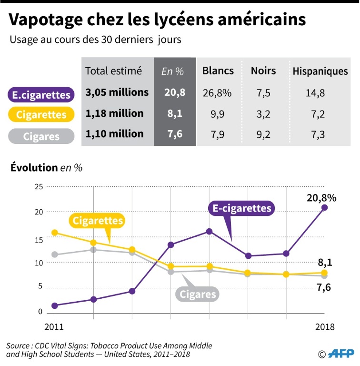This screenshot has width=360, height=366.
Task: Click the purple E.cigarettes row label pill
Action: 41,95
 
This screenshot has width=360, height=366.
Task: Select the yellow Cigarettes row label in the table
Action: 41,115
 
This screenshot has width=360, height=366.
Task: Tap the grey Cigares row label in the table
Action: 41,136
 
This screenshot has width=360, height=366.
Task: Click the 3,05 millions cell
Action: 117,92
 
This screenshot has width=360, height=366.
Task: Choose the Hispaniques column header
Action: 320,71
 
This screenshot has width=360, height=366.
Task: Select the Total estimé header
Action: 113,71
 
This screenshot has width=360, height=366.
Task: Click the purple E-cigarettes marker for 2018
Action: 324,207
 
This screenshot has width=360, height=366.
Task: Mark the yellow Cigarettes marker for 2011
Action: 55,233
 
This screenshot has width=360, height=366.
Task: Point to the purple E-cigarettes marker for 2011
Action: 55,305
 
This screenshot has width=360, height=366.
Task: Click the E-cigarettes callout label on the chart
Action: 241,208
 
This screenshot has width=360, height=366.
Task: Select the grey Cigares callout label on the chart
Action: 198,294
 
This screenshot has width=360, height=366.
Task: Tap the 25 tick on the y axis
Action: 39,186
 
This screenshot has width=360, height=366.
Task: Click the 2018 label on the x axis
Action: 325,327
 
